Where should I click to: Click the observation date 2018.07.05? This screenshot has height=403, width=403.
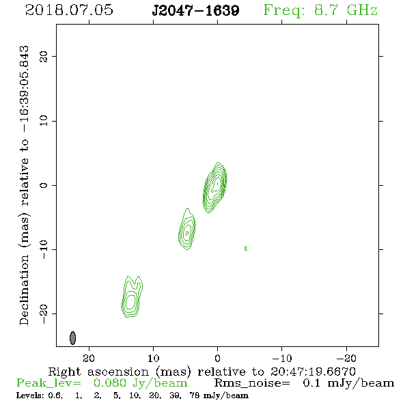coord(69,10)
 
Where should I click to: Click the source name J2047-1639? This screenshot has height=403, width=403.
coord(195,11)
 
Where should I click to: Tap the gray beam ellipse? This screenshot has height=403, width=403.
coord(72,338)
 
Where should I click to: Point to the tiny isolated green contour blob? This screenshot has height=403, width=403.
coord(246,249)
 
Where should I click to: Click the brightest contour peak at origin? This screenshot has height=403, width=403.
coord(217,184)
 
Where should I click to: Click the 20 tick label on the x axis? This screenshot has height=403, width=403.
coord(89,358)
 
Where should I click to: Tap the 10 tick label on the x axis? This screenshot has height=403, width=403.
coord(153,358)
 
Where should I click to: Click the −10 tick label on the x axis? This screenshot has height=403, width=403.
coord(281,358)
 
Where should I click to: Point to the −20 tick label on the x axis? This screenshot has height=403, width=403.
coord(346,358)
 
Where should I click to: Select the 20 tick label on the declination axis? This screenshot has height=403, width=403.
coord(44,57)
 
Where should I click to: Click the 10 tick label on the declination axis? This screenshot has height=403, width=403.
coord(44,121)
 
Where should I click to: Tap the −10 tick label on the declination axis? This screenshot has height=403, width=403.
coord(44,249)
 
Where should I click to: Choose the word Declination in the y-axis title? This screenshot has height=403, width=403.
coord(24,290)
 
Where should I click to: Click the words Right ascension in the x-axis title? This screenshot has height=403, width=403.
coord(98,372)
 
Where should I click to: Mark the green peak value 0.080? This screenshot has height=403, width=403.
coord(110,383)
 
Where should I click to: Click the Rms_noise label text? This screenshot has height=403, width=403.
coord(252,383)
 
